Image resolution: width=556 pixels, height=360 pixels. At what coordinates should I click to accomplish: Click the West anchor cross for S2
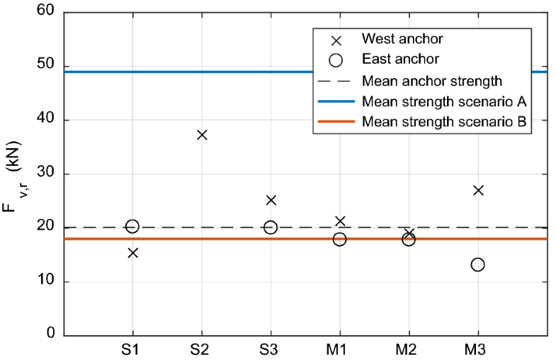[x=202, y=135]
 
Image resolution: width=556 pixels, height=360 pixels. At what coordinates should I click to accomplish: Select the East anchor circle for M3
[x=477, y=264]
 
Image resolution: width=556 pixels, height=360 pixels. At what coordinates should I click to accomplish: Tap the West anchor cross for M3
[x=478, y=190]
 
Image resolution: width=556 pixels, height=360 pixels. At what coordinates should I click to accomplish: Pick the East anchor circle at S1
[x=132, y=227]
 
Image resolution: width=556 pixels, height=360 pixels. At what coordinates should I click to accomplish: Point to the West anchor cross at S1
[x=132, y=252]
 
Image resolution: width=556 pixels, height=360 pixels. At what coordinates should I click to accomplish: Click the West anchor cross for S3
[x=271, y=200]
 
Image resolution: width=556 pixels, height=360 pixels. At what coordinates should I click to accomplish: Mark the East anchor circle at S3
[x=271, y=227]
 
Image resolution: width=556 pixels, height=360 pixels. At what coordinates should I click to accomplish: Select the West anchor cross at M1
[x=340, y=221]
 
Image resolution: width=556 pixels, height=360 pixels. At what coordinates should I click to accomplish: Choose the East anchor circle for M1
[x=339, y=240]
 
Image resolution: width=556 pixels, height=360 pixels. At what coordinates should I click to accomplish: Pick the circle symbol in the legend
[x=335, y=59]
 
